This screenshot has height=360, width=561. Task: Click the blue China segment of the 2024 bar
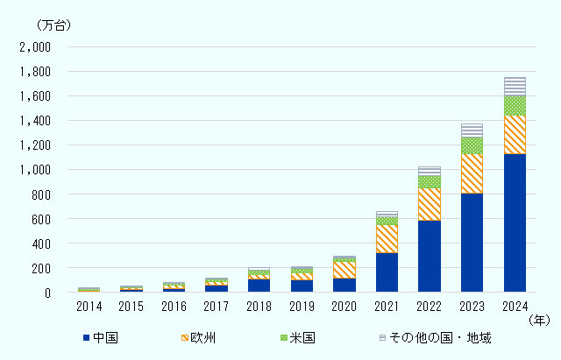[515, 222]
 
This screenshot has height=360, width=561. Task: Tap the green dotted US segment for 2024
[515, 105]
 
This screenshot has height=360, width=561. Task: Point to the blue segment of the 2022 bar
[430, 256]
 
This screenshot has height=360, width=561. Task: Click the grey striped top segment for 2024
[515, 86]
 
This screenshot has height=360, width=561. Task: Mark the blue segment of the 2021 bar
[387, 272]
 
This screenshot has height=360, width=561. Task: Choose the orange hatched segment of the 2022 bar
[430, 204]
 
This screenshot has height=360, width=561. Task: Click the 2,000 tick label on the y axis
[35, 47]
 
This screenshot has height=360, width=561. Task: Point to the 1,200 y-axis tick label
[35, 145]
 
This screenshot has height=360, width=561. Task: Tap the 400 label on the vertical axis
[41, 244]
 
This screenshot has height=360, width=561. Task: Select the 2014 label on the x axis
[89, 307]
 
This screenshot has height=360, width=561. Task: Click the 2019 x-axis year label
[302, 307]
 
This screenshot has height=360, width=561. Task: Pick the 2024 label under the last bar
[515, 307]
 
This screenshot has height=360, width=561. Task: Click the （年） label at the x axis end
[540, 321]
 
